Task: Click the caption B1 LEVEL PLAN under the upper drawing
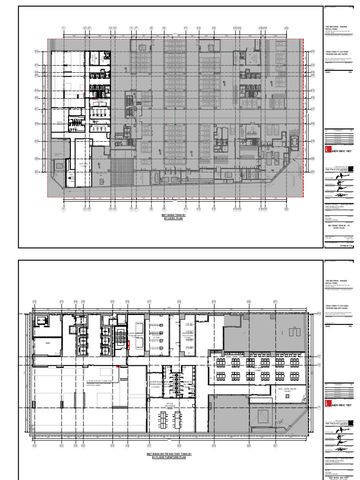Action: tap(172, 218)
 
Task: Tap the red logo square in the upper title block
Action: tap(327, 149)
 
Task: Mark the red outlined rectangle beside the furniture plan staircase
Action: tap(128, 345)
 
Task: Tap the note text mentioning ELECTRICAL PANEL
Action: tap(99, 387)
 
